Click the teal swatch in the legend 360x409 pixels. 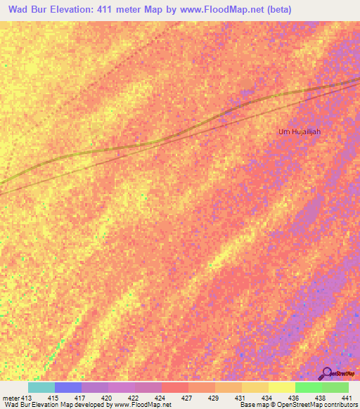tap(41, 387)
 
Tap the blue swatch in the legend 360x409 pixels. tap(68, 387)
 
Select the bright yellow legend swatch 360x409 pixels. tap(282, 387)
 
